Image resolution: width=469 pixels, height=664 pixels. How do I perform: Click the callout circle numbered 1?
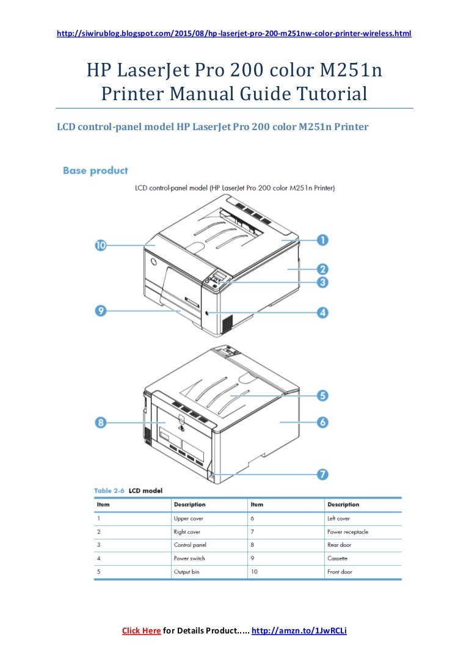coord(322,240)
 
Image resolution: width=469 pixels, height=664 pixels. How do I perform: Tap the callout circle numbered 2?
coord(322,268)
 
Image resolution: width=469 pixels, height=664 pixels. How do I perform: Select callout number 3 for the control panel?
coord(322,282)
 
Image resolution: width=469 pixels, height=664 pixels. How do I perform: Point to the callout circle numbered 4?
coord(322,313)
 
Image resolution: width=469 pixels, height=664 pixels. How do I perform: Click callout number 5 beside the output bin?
coord(322,395)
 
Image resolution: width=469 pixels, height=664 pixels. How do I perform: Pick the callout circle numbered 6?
coord(322,421)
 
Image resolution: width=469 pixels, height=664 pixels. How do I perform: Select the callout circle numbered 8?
coord(102,421)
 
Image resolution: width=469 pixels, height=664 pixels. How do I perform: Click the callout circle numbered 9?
coord(102,311)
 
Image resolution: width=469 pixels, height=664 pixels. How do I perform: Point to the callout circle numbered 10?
coord(101,245)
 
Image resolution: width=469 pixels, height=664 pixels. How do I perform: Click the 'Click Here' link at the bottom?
coord(142,648)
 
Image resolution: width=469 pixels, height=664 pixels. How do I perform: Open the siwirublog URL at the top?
coord(234,33)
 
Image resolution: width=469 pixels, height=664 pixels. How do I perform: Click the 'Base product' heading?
coord(95,170)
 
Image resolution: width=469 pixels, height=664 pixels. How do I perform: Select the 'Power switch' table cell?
coord(189,558)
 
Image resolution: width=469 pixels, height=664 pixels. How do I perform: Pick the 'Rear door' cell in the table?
coord(339,545)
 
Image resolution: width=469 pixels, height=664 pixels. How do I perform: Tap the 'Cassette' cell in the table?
coord(337,558)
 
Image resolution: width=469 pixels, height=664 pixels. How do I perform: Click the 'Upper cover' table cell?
coord(189,518)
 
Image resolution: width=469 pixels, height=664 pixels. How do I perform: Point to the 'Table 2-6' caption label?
coord(107,491)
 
